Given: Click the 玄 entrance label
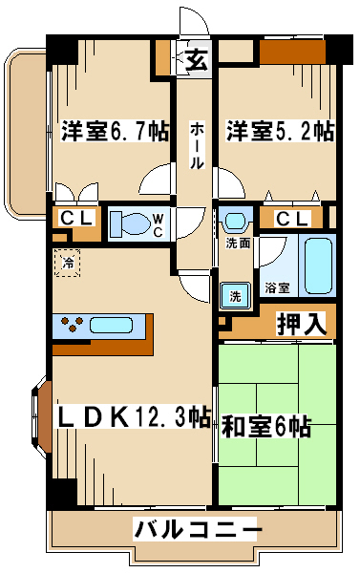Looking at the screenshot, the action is coord(197,58).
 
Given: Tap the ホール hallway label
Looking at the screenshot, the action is coord(197,146).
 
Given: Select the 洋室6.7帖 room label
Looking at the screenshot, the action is coord(115,131).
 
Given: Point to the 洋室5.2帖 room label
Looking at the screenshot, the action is coord(280,131).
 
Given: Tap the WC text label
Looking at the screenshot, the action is coord(158,225).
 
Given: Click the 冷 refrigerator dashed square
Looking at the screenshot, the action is coord(67,263).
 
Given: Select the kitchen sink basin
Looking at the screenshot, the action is coord(111,325).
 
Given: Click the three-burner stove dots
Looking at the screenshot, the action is coord(72,324).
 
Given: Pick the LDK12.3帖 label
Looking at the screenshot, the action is coord(132,417).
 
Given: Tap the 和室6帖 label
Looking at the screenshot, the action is coord(265,426).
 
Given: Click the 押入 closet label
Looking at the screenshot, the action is coord(301,324).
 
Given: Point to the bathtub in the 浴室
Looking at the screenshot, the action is coord(318,265).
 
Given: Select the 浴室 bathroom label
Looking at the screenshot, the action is coord(277,288).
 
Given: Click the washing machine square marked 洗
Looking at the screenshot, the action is coord(235,296).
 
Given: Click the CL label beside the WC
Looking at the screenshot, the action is coord(75,219).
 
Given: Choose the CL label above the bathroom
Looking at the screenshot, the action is coord(292,220).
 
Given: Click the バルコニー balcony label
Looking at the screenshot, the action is coord(198,529).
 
